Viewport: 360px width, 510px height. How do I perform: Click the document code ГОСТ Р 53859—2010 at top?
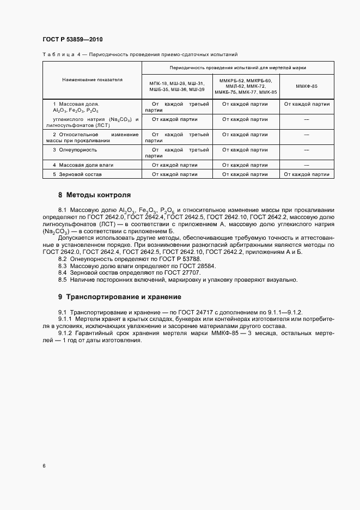pyautogui.click(x=72, y=40)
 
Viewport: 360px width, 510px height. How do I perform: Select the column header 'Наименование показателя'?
pyautogui.click(x=91, y=80)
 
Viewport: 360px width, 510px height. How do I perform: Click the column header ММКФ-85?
pyautogui.click(x=307, y=86)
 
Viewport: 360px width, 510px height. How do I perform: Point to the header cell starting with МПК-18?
pyautogui.click(x=176, y=86)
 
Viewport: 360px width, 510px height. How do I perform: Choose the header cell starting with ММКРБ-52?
pyautogui.click(x=245, y=86)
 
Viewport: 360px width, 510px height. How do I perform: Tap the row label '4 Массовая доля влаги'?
pyautogui.click(x=83, y=164)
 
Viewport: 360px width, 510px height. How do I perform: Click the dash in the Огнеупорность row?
pyautogui.click(x=307, y=149)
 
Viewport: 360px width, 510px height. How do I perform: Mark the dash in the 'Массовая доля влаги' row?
pyautogui.click(x=307, y=164)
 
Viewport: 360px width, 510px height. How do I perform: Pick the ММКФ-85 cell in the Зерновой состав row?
pyautogui.click(x=307, y=174)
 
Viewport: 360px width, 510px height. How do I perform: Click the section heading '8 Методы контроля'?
pyautogui.click(x=94, y=195)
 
